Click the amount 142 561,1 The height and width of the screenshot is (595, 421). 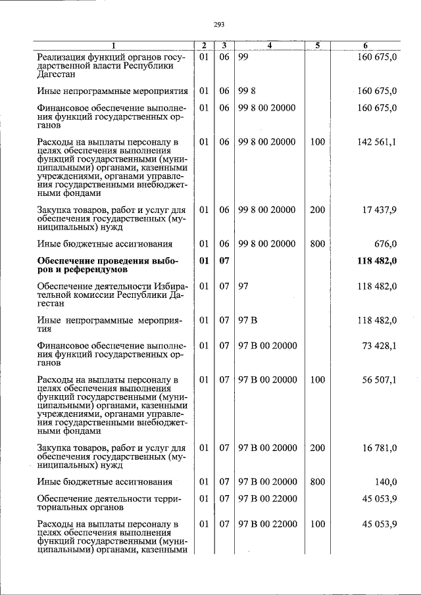tap(376, 142)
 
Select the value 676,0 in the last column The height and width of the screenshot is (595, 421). tap(385, 244)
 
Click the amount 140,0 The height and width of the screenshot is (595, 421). tap(385, 482)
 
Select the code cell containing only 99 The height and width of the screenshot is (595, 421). tap(243, 57)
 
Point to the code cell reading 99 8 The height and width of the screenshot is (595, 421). tap(247, 91)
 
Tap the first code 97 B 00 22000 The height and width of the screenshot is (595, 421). tap(267, 499)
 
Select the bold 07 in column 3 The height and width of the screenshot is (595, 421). tap(224, 261)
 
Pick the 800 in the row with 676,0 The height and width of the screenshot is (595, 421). tap(318, 244)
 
